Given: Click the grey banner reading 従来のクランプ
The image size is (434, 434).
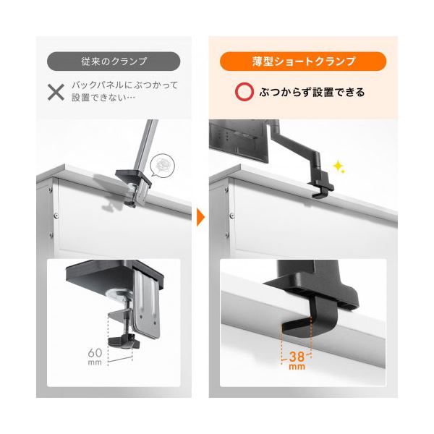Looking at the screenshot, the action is pyautogui.click(x=114, y=61).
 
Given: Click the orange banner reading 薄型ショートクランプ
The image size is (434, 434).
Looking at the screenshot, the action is pyautogui.click(x=303, y=61).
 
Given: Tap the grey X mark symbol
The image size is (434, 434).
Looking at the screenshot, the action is pyautogui.click(x=56, y=92).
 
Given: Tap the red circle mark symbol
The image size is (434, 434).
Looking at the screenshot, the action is pyautogui.click(x=244, y=92).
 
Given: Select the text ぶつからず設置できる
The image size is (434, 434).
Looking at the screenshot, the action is pyautogui.click(x=312, y=93).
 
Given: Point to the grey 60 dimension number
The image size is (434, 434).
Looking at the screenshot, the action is pyautogui.click(x=95, y=353).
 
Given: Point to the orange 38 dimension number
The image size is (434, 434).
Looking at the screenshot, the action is pyautogui.click(x=297, y=357).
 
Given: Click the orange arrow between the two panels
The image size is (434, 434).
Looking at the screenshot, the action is pyautogui.click(x=200, y=217).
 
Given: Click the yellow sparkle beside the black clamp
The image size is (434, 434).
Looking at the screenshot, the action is pyautogui.click(x=339, y=166).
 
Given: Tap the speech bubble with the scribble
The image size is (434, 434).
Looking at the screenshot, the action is pyautogui.click(x=162, y=165).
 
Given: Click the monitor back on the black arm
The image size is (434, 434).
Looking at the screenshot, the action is pyautogui.click(x=239, y=140).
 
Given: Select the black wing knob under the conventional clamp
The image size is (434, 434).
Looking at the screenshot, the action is pyautogui.click(x=124, y=341).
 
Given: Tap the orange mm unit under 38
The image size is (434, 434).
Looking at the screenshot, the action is pyautogui.click(x=297, y=367).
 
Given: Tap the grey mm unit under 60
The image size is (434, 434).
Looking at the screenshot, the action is pyautogui.click(x=95, y=362).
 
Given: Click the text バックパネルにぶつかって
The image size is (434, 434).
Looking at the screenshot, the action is pyautogui.click(x=125, y=85).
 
